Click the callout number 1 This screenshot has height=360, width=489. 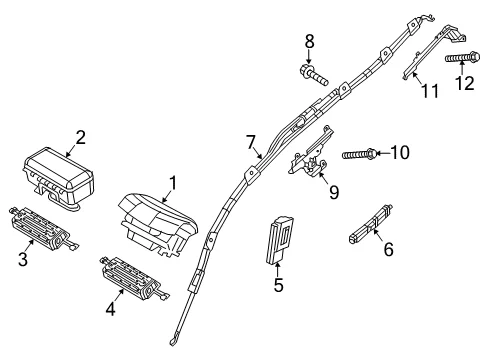[172, 185]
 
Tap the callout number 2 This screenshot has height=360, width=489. [80, 137]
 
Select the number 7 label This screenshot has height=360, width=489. [251, 142]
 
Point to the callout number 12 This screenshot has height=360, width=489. [464, 83]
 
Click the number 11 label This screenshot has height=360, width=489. [430, 91]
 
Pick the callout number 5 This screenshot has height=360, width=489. [278, 285]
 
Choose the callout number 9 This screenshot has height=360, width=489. [334, 192]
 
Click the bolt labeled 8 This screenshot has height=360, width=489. [314, 75]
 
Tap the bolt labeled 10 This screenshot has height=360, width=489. [360, 154]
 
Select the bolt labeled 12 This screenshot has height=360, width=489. [462, 58]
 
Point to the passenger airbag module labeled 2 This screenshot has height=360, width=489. [59, 175]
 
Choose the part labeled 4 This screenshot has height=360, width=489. [133, 278]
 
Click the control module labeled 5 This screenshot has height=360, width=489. [279, 240]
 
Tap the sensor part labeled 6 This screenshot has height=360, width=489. [371, 224]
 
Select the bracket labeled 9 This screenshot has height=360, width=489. [311, 152]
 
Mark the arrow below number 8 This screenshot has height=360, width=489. [309, 57]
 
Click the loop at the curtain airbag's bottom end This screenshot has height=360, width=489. [173, 341]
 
